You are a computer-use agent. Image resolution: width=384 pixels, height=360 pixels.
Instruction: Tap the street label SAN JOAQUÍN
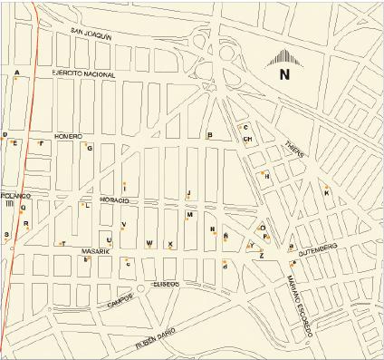pyautogui.click(x=91, y=34)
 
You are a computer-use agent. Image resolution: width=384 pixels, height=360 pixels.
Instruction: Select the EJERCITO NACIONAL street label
pyautogui.click(x=83, y=73)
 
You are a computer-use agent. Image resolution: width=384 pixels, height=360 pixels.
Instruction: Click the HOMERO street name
pyautogui.click(x=68, y=135)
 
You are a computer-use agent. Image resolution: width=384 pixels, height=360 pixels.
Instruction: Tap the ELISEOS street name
pyautogui.click(x=165, y=284)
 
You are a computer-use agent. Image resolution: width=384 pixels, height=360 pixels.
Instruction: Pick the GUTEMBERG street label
pyautogui.click(x=317, y=247)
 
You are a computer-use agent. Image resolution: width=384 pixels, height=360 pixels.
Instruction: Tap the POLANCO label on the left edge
pyautogui.click(x=15, y=196)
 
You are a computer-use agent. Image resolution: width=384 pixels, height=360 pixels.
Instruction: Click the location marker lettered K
pyautogui.click(x=326, y=192)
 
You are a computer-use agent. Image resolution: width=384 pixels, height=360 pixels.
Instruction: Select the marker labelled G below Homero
pyautogui.click(x=90, y=147)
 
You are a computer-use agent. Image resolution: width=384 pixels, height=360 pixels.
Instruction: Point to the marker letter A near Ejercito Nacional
pyautogui.click(x=17, y=73)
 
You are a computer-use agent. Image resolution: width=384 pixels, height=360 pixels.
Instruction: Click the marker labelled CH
pyautogui.click(x=246, y=139)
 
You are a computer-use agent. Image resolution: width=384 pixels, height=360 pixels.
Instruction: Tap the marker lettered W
pyautogui.click(x=149, y=243)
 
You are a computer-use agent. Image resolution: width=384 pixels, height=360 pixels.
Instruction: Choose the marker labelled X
pyautogui.click(x=170, y=244)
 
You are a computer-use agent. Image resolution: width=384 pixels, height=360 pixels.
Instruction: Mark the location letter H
pyautogui.click(x=267, y=176)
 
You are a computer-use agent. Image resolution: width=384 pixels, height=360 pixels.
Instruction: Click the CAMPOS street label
pyautogui.click(x=120, y=299)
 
